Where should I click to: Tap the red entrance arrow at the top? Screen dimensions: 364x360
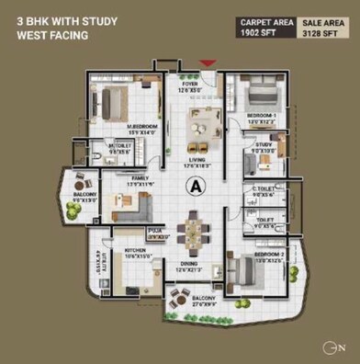click(208, 63)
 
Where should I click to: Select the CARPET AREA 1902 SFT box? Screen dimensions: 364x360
click(265, 28)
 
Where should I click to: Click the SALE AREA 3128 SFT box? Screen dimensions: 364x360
click(321, 28)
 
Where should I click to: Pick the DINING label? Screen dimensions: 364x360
click(189, 267)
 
